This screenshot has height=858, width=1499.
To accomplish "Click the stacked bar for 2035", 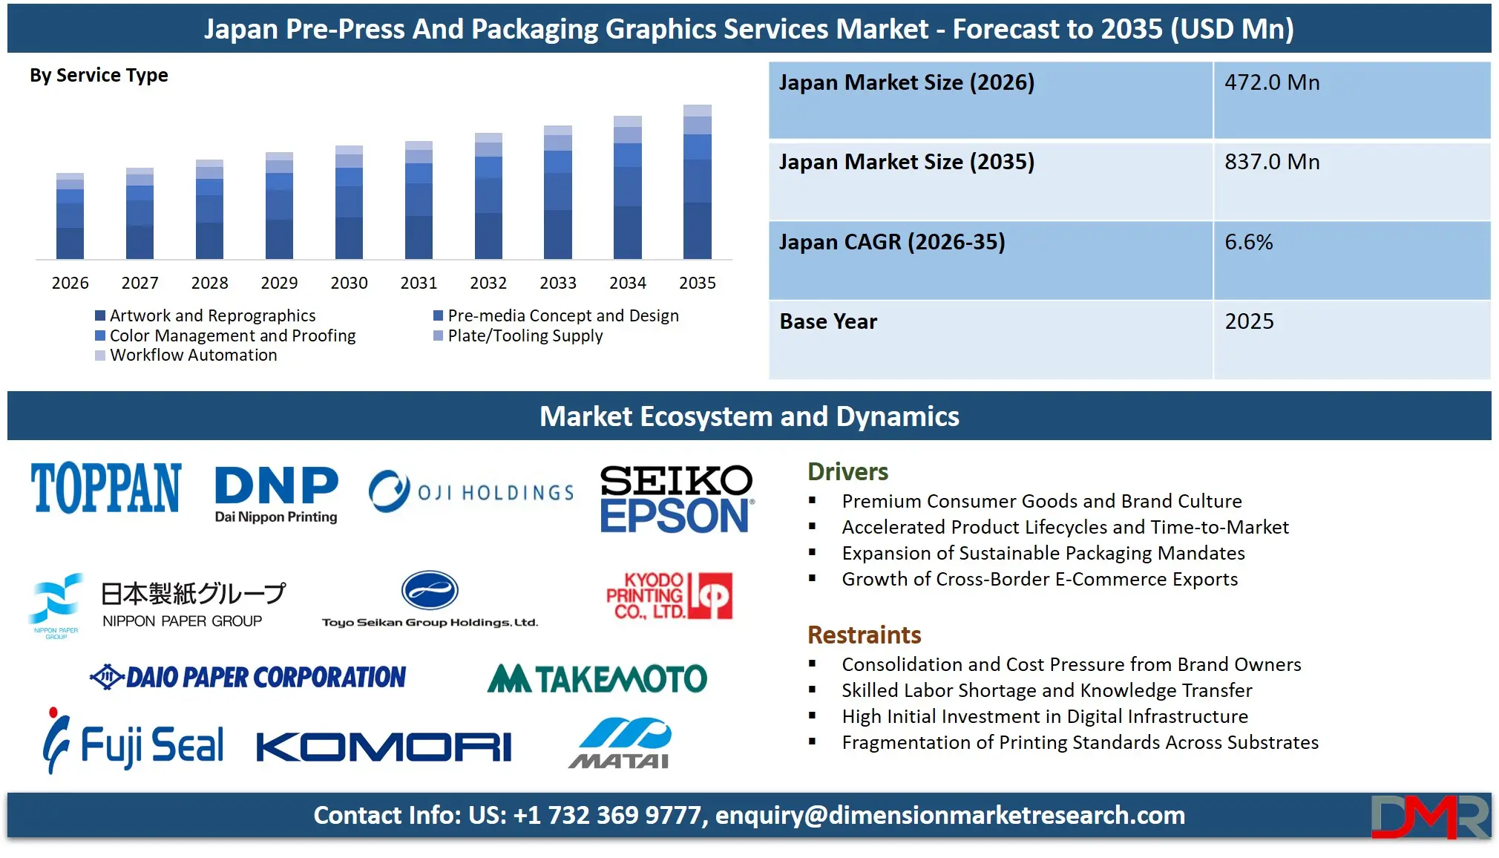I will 697,182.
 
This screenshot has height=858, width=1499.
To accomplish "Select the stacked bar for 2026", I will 70,216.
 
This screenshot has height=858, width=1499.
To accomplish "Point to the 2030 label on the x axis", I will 349,283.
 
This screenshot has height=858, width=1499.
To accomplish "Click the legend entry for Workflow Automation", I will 193,356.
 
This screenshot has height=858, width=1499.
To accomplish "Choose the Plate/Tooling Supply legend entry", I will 525,336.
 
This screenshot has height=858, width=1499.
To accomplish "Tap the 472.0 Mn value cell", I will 1272,82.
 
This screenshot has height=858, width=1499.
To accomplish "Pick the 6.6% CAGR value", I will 1248,242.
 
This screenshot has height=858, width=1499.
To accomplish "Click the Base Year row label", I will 828,321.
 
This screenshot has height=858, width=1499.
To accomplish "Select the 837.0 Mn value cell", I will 1272,162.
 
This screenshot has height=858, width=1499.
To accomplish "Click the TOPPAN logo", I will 105,488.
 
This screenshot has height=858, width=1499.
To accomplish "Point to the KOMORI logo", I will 384,747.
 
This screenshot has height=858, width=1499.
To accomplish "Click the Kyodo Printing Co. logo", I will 669,596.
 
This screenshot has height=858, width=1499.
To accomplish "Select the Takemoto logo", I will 597,678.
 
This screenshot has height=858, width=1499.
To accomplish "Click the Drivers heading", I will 847,472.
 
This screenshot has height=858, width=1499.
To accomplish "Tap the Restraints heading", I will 864,635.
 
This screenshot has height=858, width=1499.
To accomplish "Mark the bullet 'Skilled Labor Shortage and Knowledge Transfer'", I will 1046,691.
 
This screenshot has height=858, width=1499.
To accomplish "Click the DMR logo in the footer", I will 1429,816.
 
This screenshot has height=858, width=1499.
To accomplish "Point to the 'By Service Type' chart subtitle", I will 99,76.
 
